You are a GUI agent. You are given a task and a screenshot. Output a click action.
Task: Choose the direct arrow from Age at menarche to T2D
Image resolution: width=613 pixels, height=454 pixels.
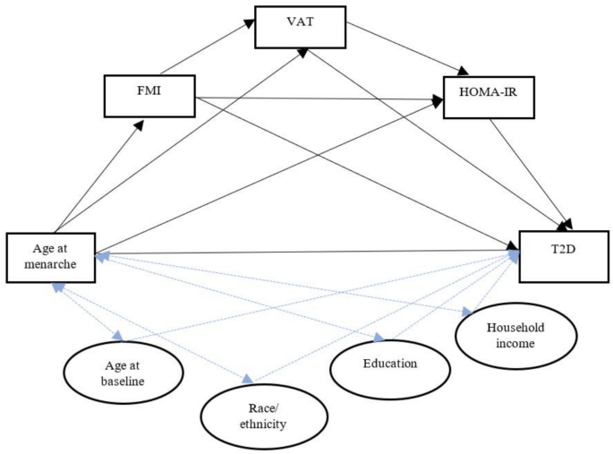(x=304, y=253)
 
